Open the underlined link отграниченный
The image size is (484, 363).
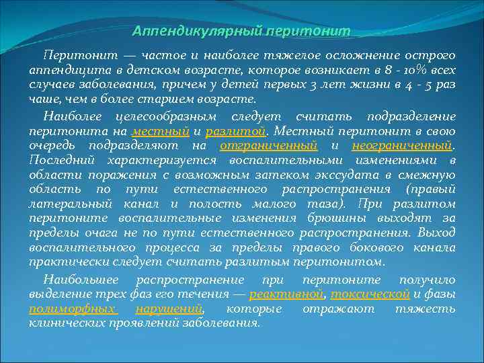(x=268, y=145)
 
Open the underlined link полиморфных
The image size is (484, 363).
(x=73, y=309)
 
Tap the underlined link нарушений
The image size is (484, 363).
(x=169, y=309)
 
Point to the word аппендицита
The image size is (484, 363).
(x=62, y=71)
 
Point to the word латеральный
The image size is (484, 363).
(x=71, y=204)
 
